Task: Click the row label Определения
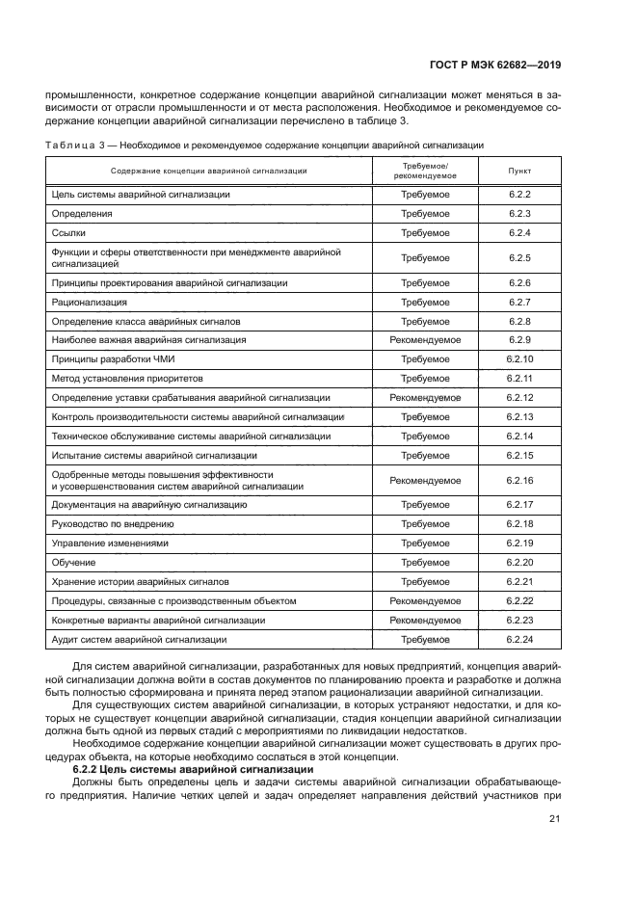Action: click(82, 213)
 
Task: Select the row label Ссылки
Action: click(70, 232)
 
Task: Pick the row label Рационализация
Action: click(89, 303)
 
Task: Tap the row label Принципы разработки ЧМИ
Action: click(110, 358)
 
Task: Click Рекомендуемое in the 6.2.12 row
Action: click(424, 397)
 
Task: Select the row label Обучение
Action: click(73, 563)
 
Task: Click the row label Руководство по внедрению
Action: click(112, 524)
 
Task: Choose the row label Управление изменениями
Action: click(109, 543)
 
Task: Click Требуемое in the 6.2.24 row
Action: click(424, 639)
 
